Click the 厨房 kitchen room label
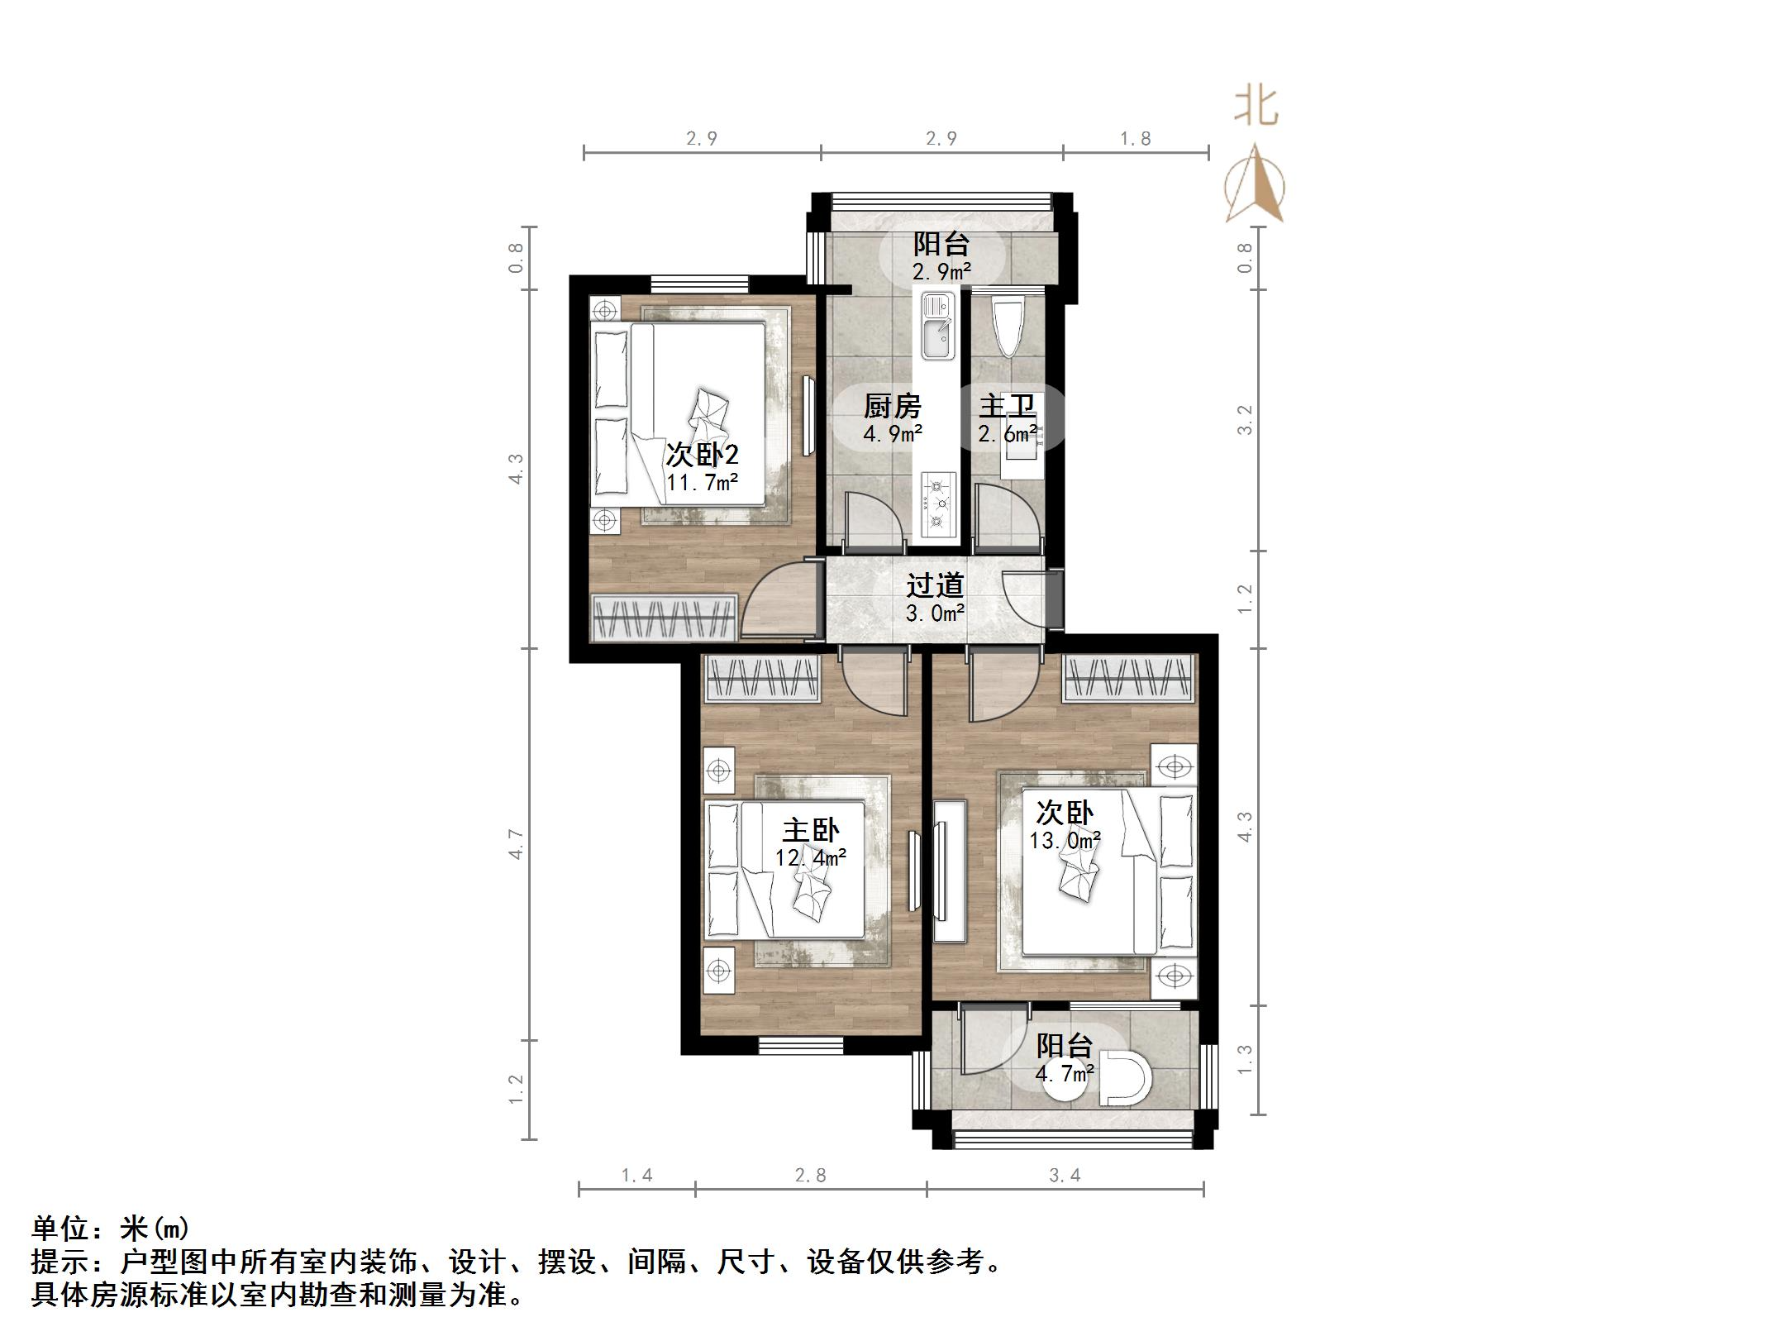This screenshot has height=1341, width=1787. tap(892, 406)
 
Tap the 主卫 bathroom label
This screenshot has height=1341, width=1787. tap(1007, 406)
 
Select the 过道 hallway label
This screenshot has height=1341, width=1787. tap(935, 585)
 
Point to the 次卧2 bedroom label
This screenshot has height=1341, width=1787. tap(702, 455)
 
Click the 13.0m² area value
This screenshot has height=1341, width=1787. tap(1065, 841)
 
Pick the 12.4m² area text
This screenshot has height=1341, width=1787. tap(810, 857)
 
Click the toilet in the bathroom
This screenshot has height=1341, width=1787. tap(1007, 327)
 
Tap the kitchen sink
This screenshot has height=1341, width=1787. tap(937, 327)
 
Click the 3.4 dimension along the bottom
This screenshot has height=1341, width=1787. tap(1065, 1175)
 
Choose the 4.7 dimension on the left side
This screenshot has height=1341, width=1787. tap(516, 843)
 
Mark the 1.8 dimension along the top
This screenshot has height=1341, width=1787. tap(1135, 138)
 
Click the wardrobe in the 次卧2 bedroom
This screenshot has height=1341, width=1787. tap(665, 617)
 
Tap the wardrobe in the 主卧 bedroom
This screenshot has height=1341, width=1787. tap(762, 679)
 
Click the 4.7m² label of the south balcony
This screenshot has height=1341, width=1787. tap(1065, 1074)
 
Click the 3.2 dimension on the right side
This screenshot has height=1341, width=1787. tap(1245, 420)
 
